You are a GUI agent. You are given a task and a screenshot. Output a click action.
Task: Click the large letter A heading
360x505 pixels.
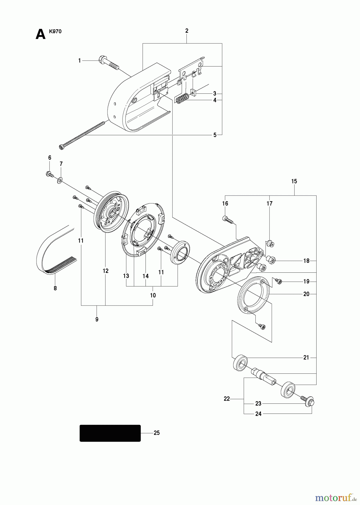point(41,35)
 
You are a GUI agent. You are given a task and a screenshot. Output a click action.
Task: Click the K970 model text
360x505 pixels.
point(55,31)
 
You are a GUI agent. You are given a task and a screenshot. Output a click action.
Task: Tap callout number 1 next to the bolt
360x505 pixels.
point(79,61)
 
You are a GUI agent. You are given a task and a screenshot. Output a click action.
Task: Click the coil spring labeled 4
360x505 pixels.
point(182,99)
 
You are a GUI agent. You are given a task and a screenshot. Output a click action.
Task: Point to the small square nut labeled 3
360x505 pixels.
point(193,92)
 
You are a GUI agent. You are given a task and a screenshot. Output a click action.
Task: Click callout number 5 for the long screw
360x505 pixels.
point(215,135)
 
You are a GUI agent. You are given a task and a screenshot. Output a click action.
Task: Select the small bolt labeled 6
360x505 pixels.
point(49,174)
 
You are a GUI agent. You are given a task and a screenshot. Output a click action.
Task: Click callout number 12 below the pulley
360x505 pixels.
point(105,271)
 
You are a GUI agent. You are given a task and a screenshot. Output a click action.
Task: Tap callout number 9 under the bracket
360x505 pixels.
point(97,319)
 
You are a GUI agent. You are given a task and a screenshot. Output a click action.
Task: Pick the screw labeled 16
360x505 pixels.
point(227,219)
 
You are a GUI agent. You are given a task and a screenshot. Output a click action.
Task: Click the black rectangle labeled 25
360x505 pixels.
point(110,433)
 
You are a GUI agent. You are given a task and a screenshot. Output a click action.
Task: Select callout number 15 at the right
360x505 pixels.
point(294,181)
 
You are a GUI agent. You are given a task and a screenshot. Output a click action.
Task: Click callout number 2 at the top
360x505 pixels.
point(187,31)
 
